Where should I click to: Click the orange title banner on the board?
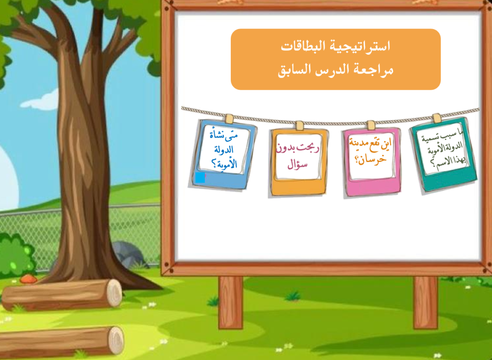coord(336,59)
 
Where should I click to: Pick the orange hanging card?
coord(299,161)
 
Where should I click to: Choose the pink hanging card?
coord(371,160)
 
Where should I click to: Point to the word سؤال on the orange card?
coord(298,164)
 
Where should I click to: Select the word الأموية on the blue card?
coord(225,164)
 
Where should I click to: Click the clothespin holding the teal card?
coord(436,119)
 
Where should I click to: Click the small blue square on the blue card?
coord(200,178)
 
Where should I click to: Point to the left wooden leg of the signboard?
coord(231,301)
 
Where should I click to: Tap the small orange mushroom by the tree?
coord(29,278)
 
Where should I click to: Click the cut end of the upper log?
coord(114,293)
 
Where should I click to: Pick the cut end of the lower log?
coord(116,340)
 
